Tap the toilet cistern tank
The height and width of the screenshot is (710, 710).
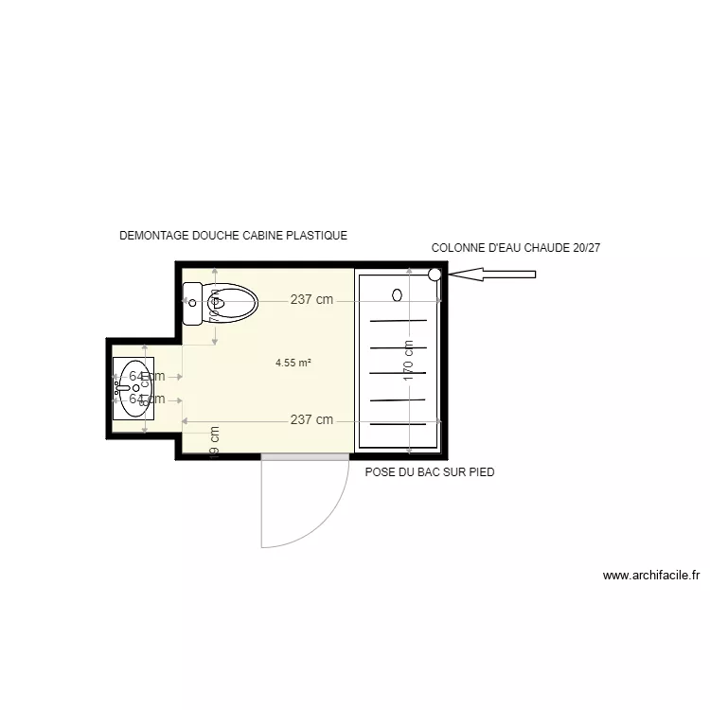(191, 304)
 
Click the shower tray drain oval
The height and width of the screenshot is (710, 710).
(398, 294)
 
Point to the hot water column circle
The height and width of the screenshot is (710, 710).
(435, 275)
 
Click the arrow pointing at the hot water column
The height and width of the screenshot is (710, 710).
(492, 275)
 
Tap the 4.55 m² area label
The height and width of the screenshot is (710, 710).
(293, 362)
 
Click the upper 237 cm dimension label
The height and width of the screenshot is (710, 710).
(311, 300)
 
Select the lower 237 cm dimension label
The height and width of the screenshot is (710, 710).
(311, 420)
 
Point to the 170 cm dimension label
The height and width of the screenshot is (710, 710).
(409, 361)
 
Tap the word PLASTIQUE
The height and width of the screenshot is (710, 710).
(316, 236)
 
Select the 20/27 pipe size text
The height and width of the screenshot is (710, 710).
(587, 248)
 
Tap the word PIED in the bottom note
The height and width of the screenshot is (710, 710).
(480, 471)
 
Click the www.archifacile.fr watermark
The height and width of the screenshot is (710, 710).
(650, 575)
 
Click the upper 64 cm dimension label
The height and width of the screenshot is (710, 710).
(147, 376)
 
